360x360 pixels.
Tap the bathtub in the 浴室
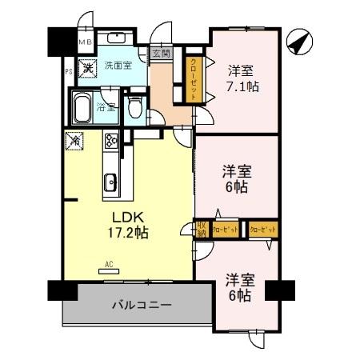pyautogui.click(x=82, y=106)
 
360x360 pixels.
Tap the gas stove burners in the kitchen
pyautogui.click(x=110, y=146)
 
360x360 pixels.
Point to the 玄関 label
pyautogui.click(x=162, y=54)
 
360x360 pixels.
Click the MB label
pyautogui.click(x=84, y=39)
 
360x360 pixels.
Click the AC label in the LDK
pyautogui.click(x=108, y=262)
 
